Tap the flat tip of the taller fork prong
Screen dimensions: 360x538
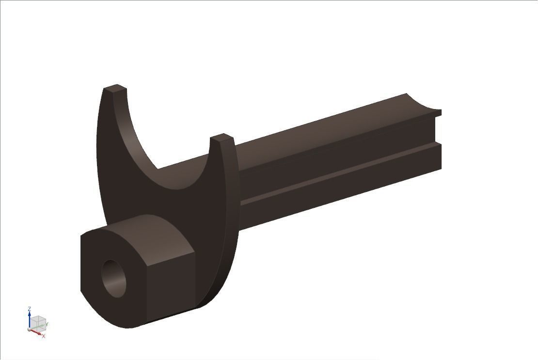pyautogui.click(x=115, y=89)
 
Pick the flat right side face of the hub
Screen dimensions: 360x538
pyautogui.click(x=170, y=281)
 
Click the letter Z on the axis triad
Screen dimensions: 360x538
pyautogui.click(x=30, y=309)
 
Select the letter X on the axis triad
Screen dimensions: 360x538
pyautogui.click(x=44, y=336)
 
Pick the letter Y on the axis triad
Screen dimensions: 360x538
pyautogui.click(x=47, y=324)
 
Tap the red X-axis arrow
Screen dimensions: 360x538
pyautogui.click(x=36, y=332)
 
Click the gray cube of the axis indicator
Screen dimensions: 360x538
pyautogui.click(x=39, y=324)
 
